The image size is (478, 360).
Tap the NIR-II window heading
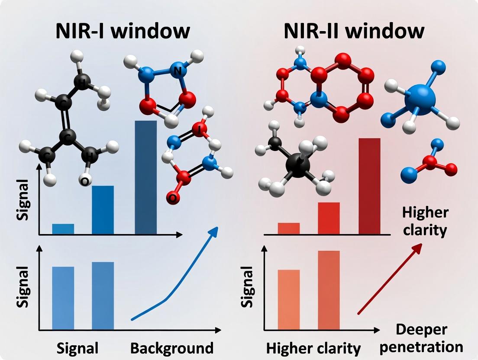coord(354,31)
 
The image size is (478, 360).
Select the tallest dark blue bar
coord(146,177)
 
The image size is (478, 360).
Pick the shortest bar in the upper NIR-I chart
coord(63,229)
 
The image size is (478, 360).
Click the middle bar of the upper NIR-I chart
coord(103,210)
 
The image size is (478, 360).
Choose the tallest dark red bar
coord(369,186)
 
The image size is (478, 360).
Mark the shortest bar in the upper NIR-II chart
coord(289,228)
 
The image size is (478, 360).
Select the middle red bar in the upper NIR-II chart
coord(329,218)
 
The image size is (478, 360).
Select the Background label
coord(172,348)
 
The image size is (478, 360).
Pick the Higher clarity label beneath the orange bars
coord(313,348)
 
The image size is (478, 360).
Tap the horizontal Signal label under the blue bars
coord(78,348)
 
